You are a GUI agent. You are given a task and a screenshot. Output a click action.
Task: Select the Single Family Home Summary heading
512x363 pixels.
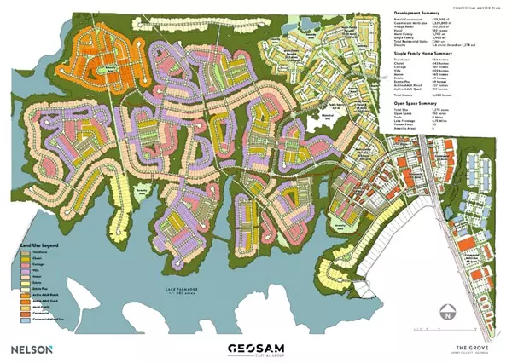424,53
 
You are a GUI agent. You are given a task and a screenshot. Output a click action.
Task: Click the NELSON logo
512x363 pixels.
32,349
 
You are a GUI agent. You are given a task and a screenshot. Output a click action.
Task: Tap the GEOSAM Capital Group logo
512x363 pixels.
255,349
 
